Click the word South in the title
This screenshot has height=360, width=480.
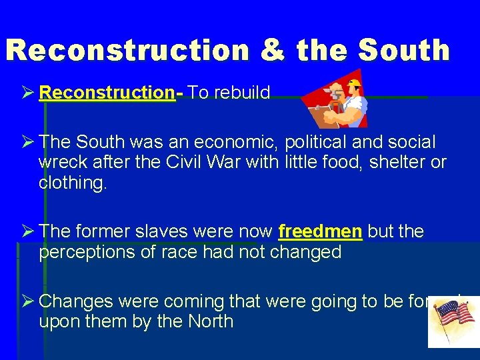click(x=404, y=51)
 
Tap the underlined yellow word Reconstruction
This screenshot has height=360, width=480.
click(x=107, y=93)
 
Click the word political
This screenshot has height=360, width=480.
click(x=321, y=142)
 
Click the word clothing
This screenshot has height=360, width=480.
click(x=72, y=183)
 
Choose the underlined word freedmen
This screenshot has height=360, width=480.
click(x=321, y=232)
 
